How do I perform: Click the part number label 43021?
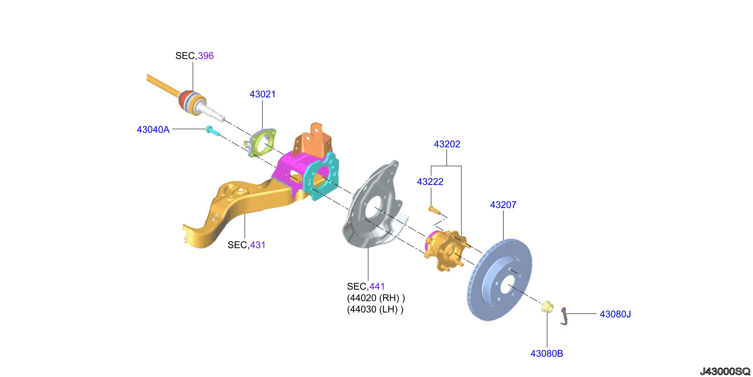[x=262, y=94]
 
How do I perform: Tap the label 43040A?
[x=153, y=129]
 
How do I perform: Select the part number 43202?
[x=447, y=144]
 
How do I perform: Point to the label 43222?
[x=430, y=182]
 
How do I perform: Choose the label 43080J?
[x=615, y=314]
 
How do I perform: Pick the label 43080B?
[x=547, y=354]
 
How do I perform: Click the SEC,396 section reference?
[x=194, y=56]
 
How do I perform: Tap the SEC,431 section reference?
[x=246, y=245]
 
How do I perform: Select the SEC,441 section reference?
[x=366, y=286]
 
